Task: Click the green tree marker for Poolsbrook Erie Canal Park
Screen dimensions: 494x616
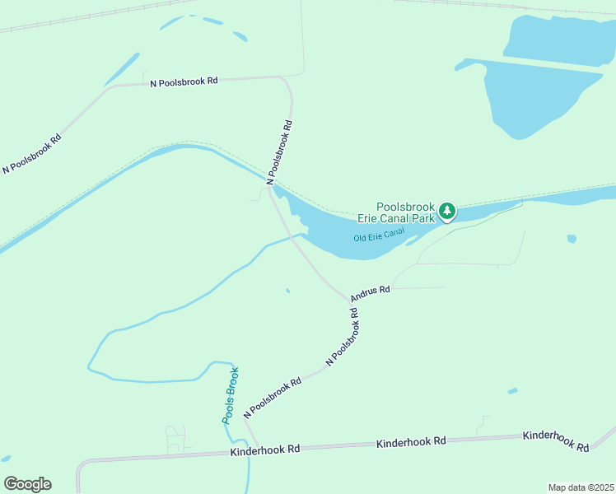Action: tap(447, 212)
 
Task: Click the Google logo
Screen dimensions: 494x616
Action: tap(27, 484)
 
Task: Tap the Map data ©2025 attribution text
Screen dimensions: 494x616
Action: tap(581, 487)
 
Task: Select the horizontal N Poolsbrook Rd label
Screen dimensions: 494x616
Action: tap(184, 82)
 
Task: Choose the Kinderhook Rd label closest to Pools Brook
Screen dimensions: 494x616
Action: tap(265, 450)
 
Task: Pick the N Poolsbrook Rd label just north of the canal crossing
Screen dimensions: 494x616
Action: tap(279, 151)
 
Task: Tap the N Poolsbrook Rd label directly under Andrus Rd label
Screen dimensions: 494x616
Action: tap(344, 337)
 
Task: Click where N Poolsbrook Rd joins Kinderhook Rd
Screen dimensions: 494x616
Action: tap(259, 450)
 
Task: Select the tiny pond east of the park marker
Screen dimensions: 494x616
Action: tap(572, 239)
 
